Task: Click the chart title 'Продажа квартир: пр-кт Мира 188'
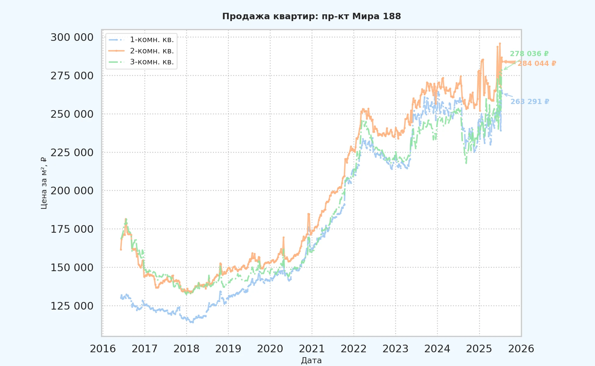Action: tap(312, 16)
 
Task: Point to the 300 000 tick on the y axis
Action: tap(72, 37)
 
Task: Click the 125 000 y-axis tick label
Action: tap(72, 306)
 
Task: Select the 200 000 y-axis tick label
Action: tap(72, 191)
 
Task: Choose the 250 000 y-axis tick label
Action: tap(72, 114)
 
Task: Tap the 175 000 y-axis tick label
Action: tap(72, 229)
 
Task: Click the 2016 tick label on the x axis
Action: tap(103, 349)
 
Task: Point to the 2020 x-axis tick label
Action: tap(270, 349)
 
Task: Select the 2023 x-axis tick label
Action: tap(395, 349)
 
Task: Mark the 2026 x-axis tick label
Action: tap(521, 349)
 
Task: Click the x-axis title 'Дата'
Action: tap(311, 361)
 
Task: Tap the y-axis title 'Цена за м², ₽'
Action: tap(44, 183)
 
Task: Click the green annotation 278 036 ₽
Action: tap(529, 54)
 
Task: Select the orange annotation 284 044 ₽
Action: tap(537, 63)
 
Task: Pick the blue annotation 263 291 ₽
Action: tap(530, 102)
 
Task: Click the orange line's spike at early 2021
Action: tap(308, 214)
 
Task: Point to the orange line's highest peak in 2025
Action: tap(500, 43)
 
